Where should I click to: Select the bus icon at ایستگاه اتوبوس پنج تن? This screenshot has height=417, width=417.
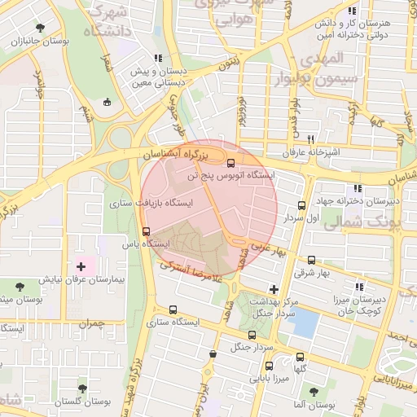(x=231, y=162)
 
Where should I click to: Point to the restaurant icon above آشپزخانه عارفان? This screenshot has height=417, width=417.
(x=310, y=139)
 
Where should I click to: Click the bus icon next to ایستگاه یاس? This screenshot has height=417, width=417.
(x=146, y=230)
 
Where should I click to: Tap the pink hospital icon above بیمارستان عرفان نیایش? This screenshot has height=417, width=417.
(x=81, y=266)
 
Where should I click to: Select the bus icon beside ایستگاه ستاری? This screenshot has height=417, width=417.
(x=173, y=309)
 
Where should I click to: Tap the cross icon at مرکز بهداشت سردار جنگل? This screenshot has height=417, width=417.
(x=274, y=289)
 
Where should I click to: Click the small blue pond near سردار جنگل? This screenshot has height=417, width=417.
(x=303, y=323)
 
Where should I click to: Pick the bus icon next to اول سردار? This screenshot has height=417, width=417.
(x=302, y=206)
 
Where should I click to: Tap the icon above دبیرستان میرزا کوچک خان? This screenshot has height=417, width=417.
(x=358, y=286)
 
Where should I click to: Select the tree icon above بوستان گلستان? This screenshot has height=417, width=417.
(x=82, y=389)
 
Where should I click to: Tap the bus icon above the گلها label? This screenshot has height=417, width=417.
(x=301, y=357)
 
